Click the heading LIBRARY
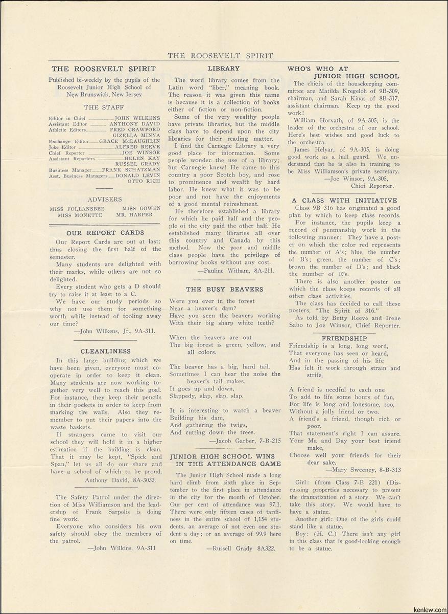click(x=224, y=69)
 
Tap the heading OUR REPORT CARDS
click(x=106, y=232)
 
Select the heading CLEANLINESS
click(x=106, y=351)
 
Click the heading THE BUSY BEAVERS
click(x=224, y=289)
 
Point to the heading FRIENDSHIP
click(x=344, y=338)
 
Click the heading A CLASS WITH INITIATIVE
click(x=344, y=201)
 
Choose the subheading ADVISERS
click(x=105, y=199)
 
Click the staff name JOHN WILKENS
click(x=137, y=118)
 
